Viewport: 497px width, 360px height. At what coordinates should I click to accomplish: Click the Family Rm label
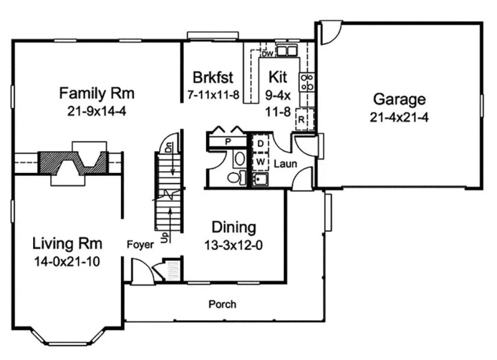tap(97, 93)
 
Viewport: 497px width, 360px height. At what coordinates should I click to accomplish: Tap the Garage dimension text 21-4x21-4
tap(399, 117)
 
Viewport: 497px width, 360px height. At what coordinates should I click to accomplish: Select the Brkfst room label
tap(213, 77)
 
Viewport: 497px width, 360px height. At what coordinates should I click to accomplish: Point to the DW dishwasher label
tap(268, 54)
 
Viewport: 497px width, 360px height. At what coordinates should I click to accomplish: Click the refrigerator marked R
tap(305, 119)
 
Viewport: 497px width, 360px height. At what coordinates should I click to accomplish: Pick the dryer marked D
tap(261, 144)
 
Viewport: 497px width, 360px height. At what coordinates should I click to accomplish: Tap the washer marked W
tap(261, 162)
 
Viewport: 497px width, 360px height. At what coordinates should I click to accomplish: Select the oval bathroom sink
tap(239, 159)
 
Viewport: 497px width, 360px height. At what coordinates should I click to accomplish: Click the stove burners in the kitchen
tap(307, 82)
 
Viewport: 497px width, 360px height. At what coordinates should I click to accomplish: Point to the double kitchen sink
tap(287, 51)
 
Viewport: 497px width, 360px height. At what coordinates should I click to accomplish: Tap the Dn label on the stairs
tap(169, 148)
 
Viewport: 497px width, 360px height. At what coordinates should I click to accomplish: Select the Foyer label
tap(140, 244)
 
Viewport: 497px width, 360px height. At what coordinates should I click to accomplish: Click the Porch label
tap(222, 304)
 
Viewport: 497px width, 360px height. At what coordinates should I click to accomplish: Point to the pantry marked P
tap(228, 142)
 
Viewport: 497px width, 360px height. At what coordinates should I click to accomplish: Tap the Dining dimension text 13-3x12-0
tap(234, 245)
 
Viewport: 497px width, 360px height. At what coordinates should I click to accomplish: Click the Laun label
tap(285, 164)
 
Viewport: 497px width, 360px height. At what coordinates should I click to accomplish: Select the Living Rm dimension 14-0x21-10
tap(67, 261)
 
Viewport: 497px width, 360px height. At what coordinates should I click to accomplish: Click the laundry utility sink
tap(261, 179)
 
